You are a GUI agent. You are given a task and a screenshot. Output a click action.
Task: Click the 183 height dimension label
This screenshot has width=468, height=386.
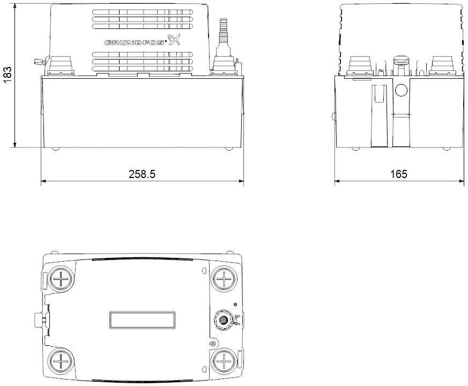coord(7,75)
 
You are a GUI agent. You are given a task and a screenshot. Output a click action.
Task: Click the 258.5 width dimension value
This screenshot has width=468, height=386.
coord(142,174)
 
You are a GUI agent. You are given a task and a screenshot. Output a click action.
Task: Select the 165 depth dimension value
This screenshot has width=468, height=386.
coord(398,174)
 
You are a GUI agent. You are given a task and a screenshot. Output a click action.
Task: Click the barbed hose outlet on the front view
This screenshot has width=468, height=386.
coord(223,29)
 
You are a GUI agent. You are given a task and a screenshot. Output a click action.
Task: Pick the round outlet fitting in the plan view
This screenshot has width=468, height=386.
coord(222,321)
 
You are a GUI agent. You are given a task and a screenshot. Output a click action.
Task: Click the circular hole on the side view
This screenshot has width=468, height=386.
coord(402,89)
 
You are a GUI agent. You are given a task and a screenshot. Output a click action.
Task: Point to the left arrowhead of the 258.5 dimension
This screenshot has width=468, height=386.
coord(43,181)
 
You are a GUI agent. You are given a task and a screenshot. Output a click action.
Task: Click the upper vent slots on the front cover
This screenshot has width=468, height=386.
coord(142,19)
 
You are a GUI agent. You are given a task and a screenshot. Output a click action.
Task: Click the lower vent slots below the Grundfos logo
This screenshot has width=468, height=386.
coord(142,61)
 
